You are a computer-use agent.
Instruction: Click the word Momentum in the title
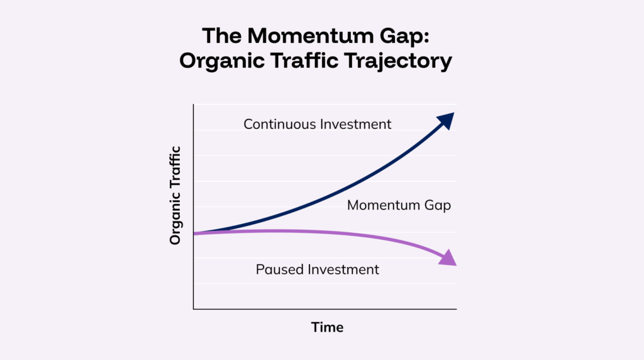tap(310, 36)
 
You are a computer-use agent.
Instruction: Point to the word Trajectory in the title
tap(398, 62)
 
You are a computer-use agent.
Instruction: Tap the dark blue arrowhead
tap(447, 121)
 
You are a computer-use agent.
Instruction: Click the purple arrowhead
tap(448, 258)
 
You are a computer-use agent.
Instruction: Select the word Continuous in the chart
tap(279, 124)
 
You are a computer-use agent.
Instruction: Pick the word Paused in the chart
tap(279, 269)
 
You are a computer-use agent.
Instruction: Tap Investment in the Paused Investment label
tap(343, 269)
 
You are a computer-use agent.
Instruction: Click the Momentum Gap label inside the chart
tap(399, 205)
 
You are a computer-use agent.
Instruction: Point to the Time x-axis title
tap(327, 327)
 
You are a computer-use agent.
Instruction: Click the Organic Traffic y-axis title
tap(175, 196)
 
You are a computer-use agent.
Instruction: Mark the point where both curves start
tap(194, 233)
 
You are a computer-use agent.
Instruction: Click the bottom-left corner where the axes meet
tap(194, 309)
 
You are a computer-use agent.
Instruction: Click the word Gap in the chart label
tap(438, 205)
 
